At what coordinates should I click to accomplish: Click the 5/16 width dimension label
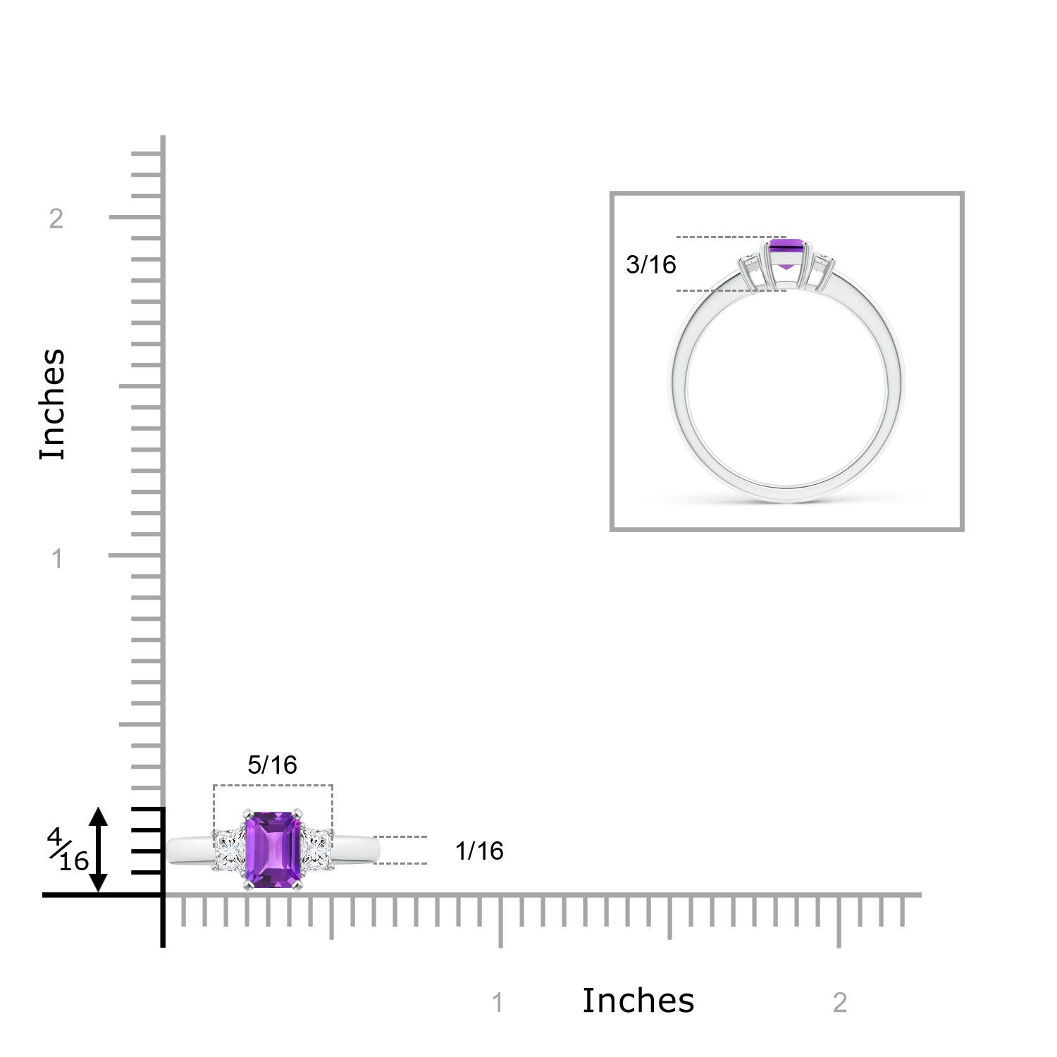272,765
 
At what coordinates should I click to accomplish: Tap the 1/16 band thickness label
479,851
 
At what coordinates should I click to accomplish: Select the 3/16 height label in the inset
650,264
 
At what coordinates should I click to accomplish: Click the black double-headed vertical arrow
99,850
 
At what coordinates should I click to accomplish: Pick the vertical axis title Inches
53,404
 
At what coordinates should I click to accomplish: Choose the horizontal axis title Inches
638,1000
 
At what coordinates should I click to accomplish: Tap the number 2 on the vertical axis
56,219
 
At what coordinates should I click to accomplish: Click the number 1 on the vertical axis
57,559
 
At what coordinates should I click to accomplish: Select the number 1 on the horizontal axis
497,1003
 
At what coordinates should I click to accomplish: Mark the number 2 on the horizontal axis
839,1003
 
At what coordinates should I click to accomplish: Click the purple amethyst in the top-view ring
273,849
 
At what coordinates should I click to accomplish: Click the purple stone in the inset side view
787,253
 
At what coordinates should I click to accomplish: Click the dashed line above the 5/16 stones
273,785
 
